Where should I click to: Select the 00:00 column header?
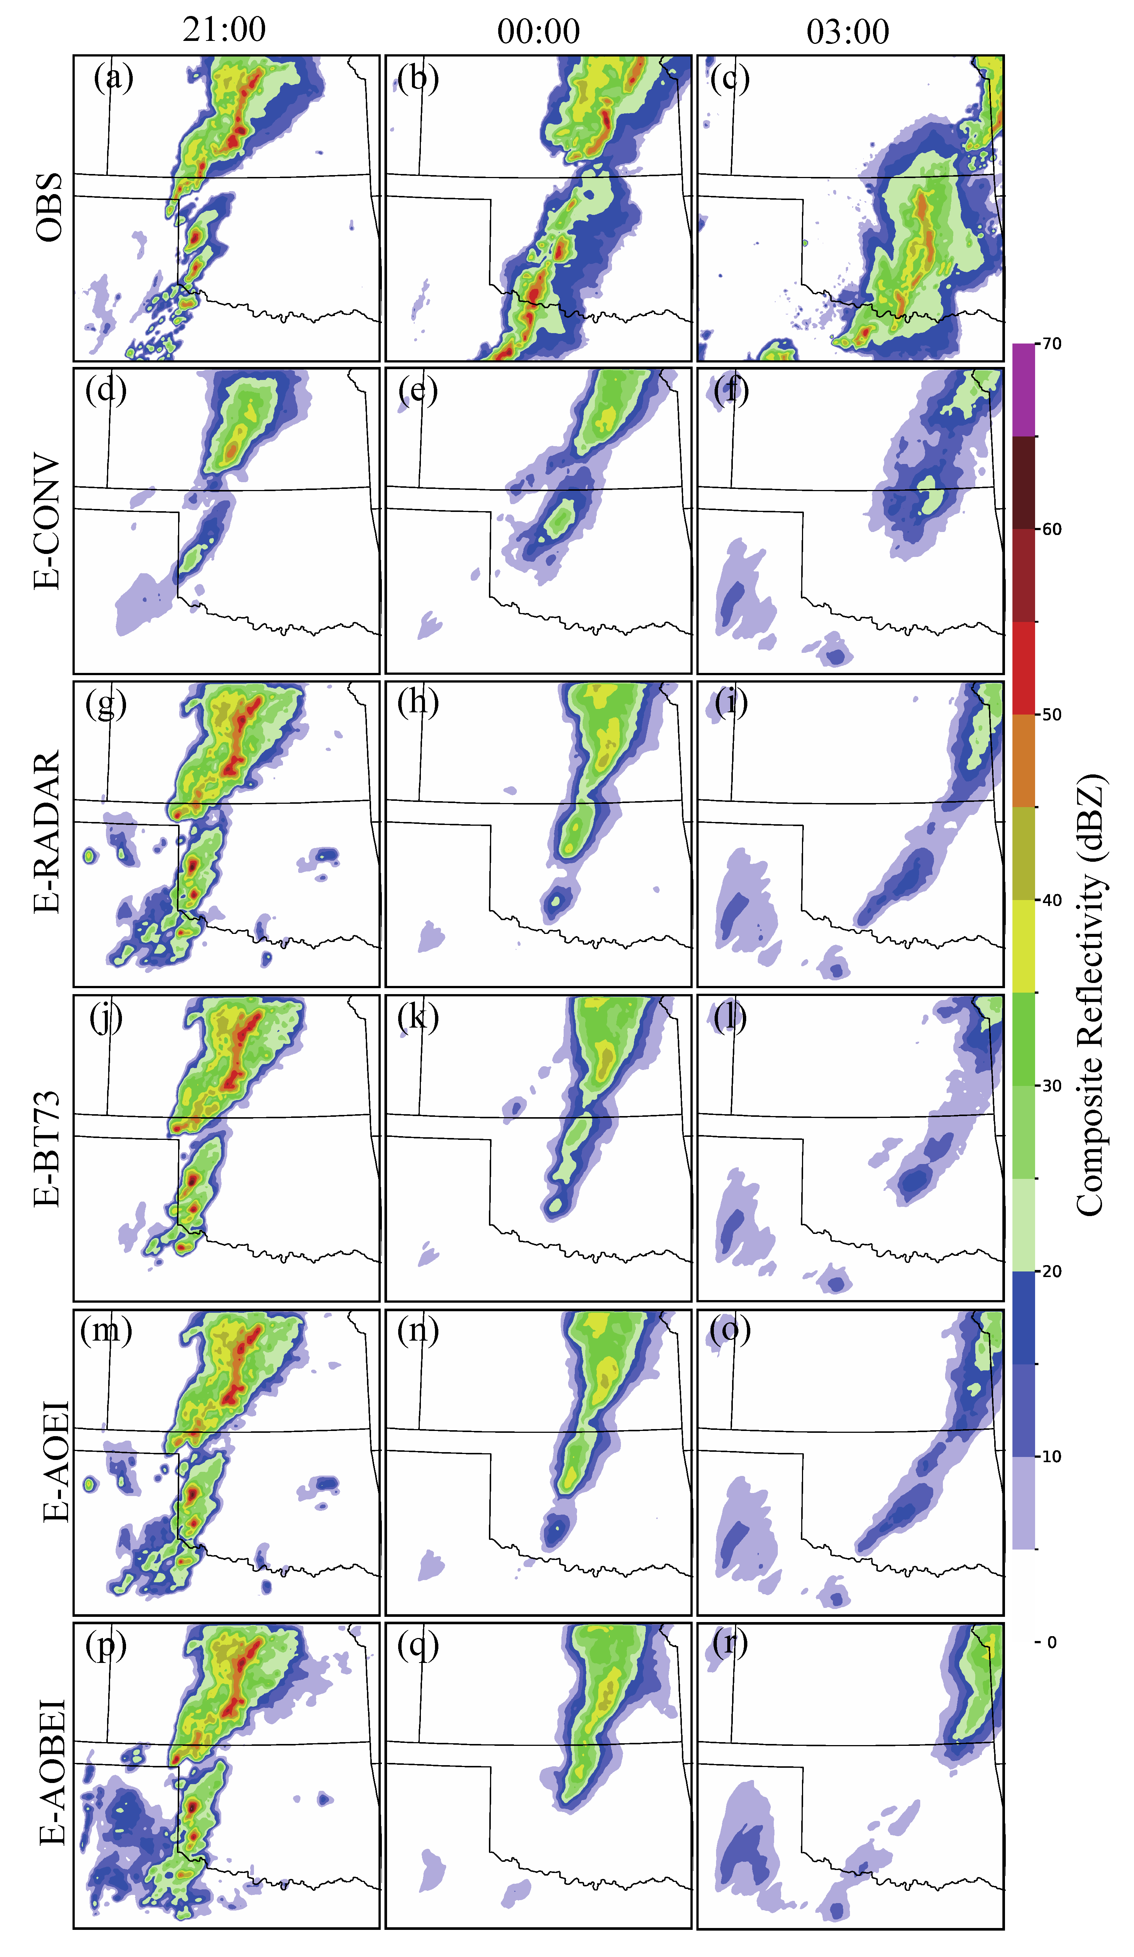538,32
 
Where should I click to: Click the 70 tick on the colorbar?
1052,344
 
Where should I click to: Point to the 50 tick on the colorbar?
1052,715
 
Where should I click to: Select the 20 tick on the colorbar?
1052,1271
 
